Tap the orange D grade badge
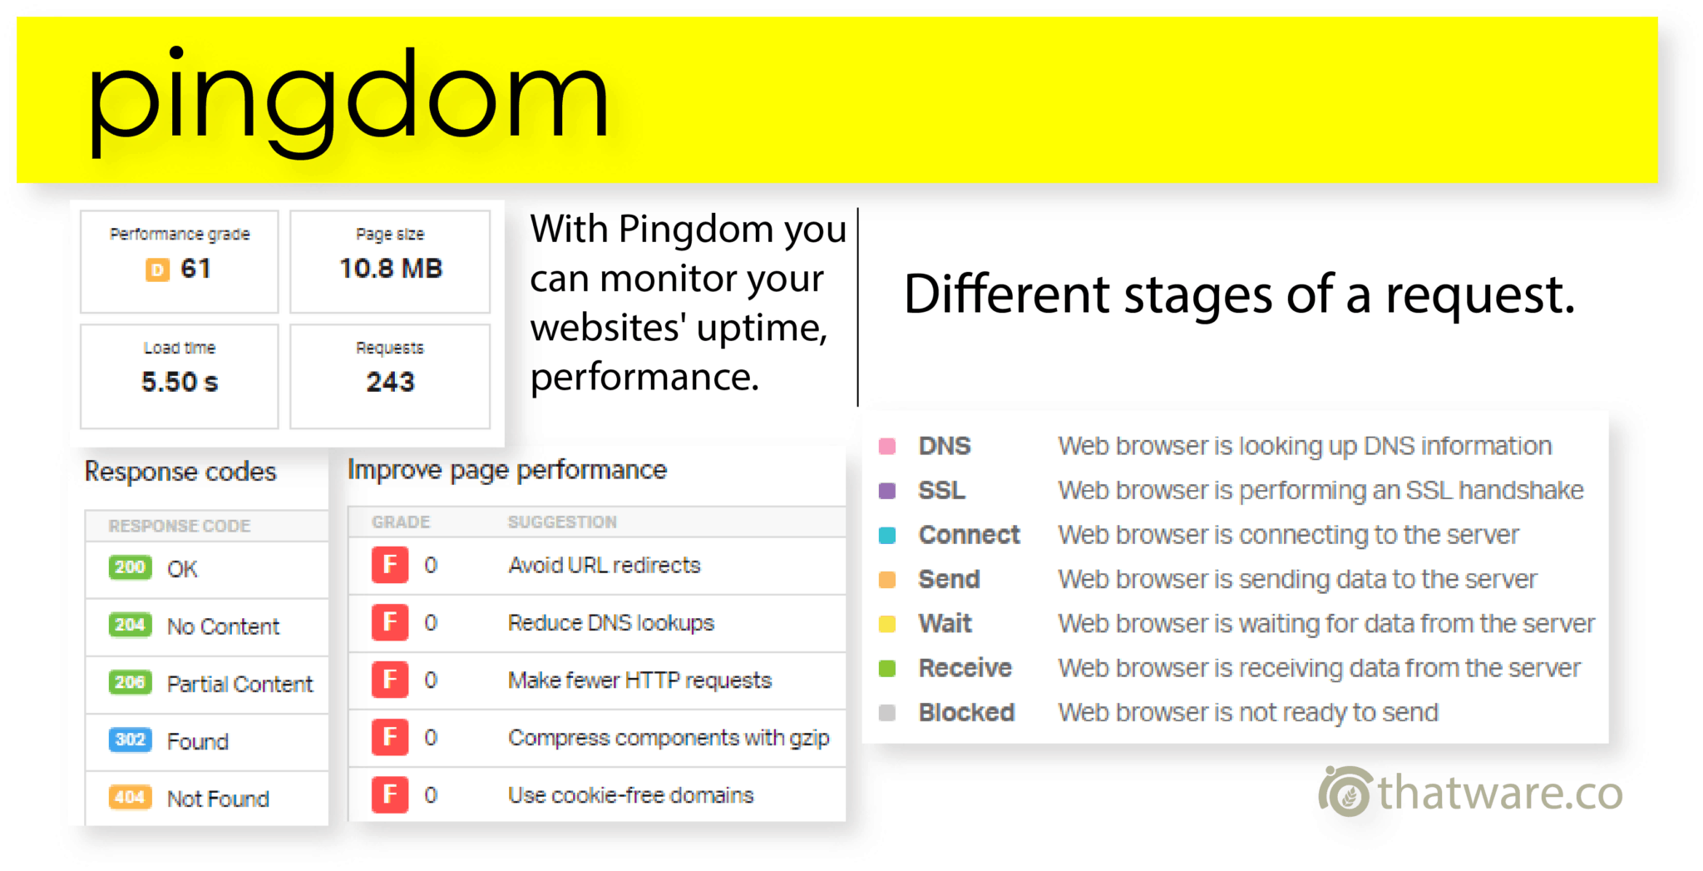[x=157, y=270]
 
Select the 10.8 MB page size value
[x=391, y=269]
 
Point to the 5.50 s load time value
[x=180, y=382]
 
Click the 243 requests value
[x=390, y=382]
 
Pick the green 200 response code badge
[x=130, y=567]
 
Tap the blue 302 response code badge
[x=130, y=740]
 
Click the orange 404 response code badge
[x=130, y=797]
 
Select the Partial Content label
[x=239, y=684]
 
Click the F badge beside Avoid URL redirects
[x=390, y=566]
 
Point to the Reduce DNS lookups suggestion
[x=611, y=623]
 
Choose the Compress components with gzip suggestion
[x=669, y=738]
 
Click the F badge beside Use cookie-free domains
[x=390, y=795]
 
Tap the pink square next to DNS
[x=887, y=446]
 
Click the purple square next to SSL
[x=887, y=491]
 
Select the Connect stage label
[x=969, y=535]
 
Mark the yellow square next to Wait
[x=887, y=624]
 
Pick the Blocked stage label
[x=966, y=713]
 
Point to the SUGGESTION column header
[x=562, y=522]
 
